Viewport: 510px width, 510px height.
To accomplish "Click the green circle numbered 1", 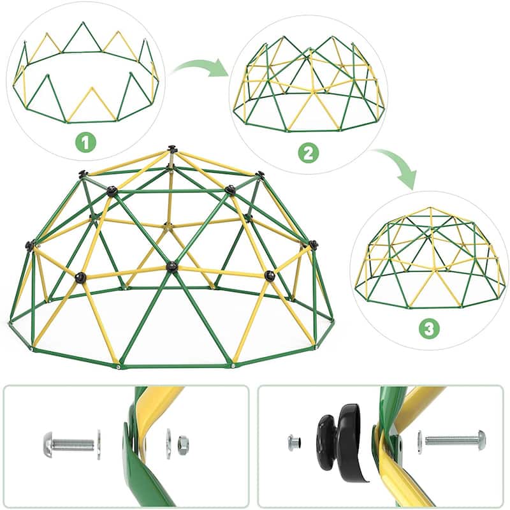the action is pos(86,142).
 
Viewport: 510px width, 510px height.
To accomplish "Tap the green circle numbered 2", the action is pos(309,154).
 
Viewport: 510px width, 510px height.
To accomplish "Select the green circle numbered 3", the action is pos(429,329).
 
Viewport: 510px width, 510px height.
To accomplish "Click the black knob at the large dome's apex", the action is pos(171,149).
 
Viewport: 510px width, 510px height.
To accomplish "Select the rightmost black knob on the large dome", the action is pos(313,244).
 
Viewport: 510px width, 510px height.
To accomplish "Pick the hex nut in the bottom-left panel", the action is pos(183,444).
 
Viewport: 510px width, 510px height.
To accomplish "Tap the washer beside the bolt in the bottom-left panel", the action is pos(99,444).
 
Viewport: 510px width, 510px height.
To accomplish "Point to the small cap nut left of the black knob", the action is pos(294,443).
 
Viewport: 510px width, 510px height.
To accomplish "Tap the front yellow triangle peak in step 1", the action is pos(92,87).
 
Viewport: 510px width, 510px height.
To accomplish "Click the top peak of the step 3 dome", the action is pos(432,208).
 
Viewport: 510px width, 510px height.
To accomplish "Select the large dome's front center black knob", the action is pos(171,266).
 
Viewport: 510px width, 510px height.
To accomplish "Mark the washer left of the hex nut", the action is pos(168,444).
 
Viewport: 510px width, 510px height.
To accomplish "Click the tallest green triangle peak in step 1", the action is pos(83,22).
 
